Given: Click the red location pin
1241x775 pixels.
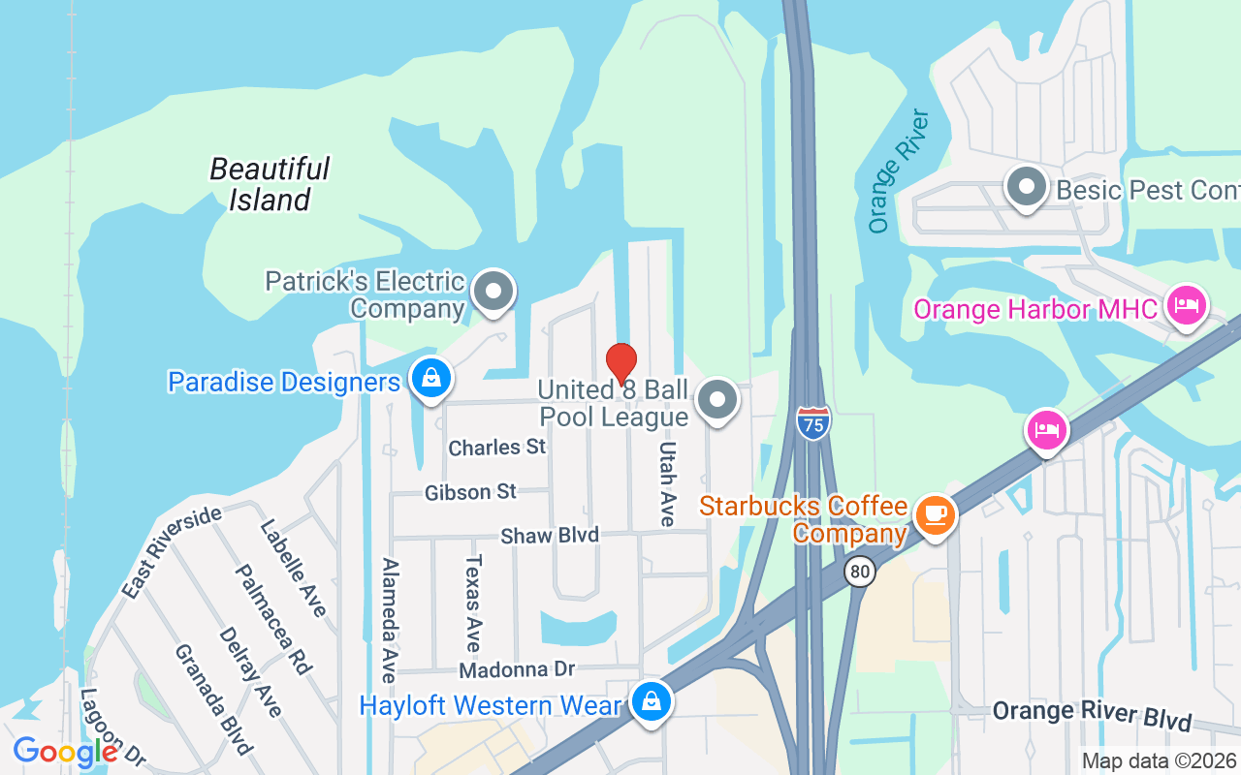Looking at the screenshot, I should (621, 363).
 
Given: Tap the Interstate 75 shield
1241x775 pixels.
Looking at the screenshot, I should (814, 423).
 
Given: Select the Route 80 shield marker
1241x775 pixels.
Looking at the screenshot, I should (859, 572).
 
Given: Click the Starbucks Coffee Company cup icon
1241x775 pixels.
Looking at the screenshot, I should (935, 513).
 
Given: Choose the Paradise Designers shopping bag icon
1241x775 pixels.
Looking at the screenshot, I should (430, 378).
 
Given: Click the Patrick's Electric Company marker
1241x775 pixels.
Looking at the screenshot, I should (493, 292).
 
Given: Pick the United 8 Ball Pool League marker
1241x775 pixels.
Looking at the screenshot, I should (717, 399).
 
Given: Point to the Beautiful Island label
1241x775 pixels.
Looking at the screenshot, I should (270, 184).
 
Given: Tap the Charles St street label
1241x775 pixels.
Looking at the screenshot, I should (497, 448).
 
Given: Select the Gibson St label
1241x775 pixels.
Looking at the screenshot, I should (470, 492).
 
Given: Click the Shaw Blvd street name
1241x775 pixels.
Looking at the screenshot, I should (549, 536).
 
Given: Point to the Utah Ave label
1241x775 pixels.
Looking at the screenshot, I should (667, 484).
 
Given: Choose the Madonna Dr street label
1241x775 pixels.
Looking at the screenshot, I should (517, 669).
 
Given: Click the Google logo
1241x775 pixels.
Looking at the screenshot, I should (66, 751).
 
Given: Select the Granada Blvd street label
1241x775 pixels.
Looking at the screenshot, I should (213, 698).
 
